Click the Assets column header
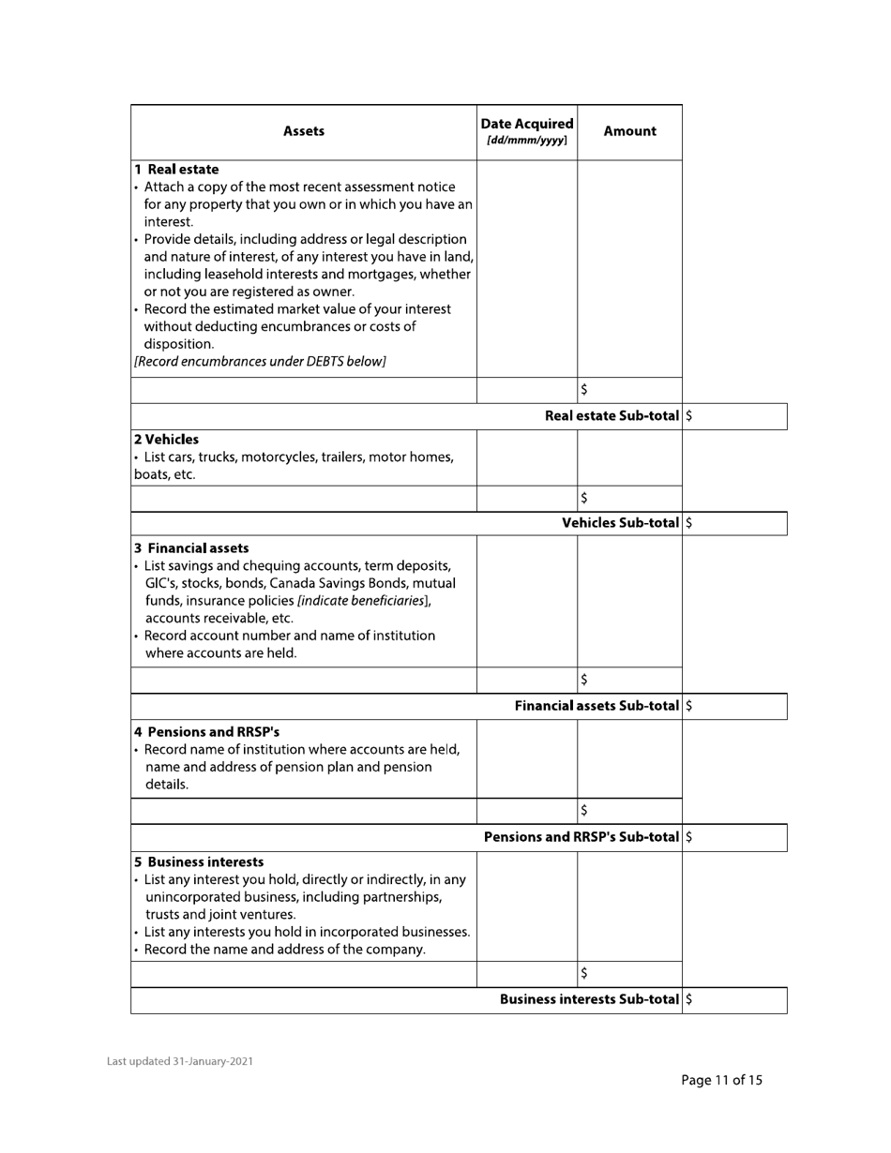[303, 131]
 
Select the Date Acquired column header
[526, 124]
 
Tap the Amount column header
[629, 131]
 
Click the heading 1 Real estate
[176, 170]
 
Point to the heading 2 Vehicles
[166, 439]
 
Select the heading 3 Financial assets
[191, 547]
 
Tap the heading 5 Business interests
[199, 861]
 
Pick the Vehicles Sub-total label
[620, 523]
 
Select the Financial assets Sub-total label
[597, 705]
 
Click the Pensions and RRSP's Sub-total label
[581, 836]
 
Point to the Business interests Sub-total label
[589, 999]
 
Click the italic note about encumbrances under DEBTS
[260, 361]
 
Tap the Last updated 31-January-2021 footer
[179, 1061]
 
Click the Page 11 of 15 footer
[721, 1080]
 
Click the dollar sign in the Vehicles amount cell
[583, 498]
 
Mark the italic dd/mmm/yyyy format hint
[526, 141]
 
